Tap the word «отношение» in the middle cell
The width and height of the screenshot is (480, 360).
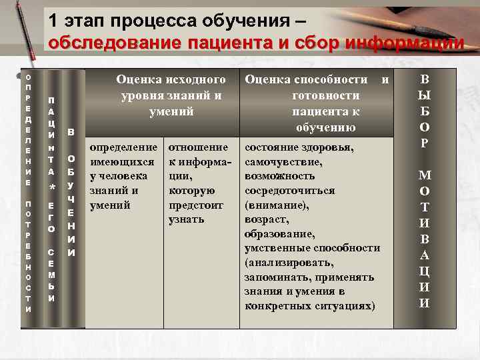[x=199, y=147]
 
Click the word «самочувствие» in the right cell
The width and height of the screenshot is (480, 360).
[x=284, y=161]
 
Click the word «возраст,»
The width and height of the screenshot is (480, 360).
[x=268, y=220]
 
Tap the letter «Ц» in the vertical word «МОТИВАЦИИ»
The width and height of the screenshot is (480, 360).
[x=425, y=271]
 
